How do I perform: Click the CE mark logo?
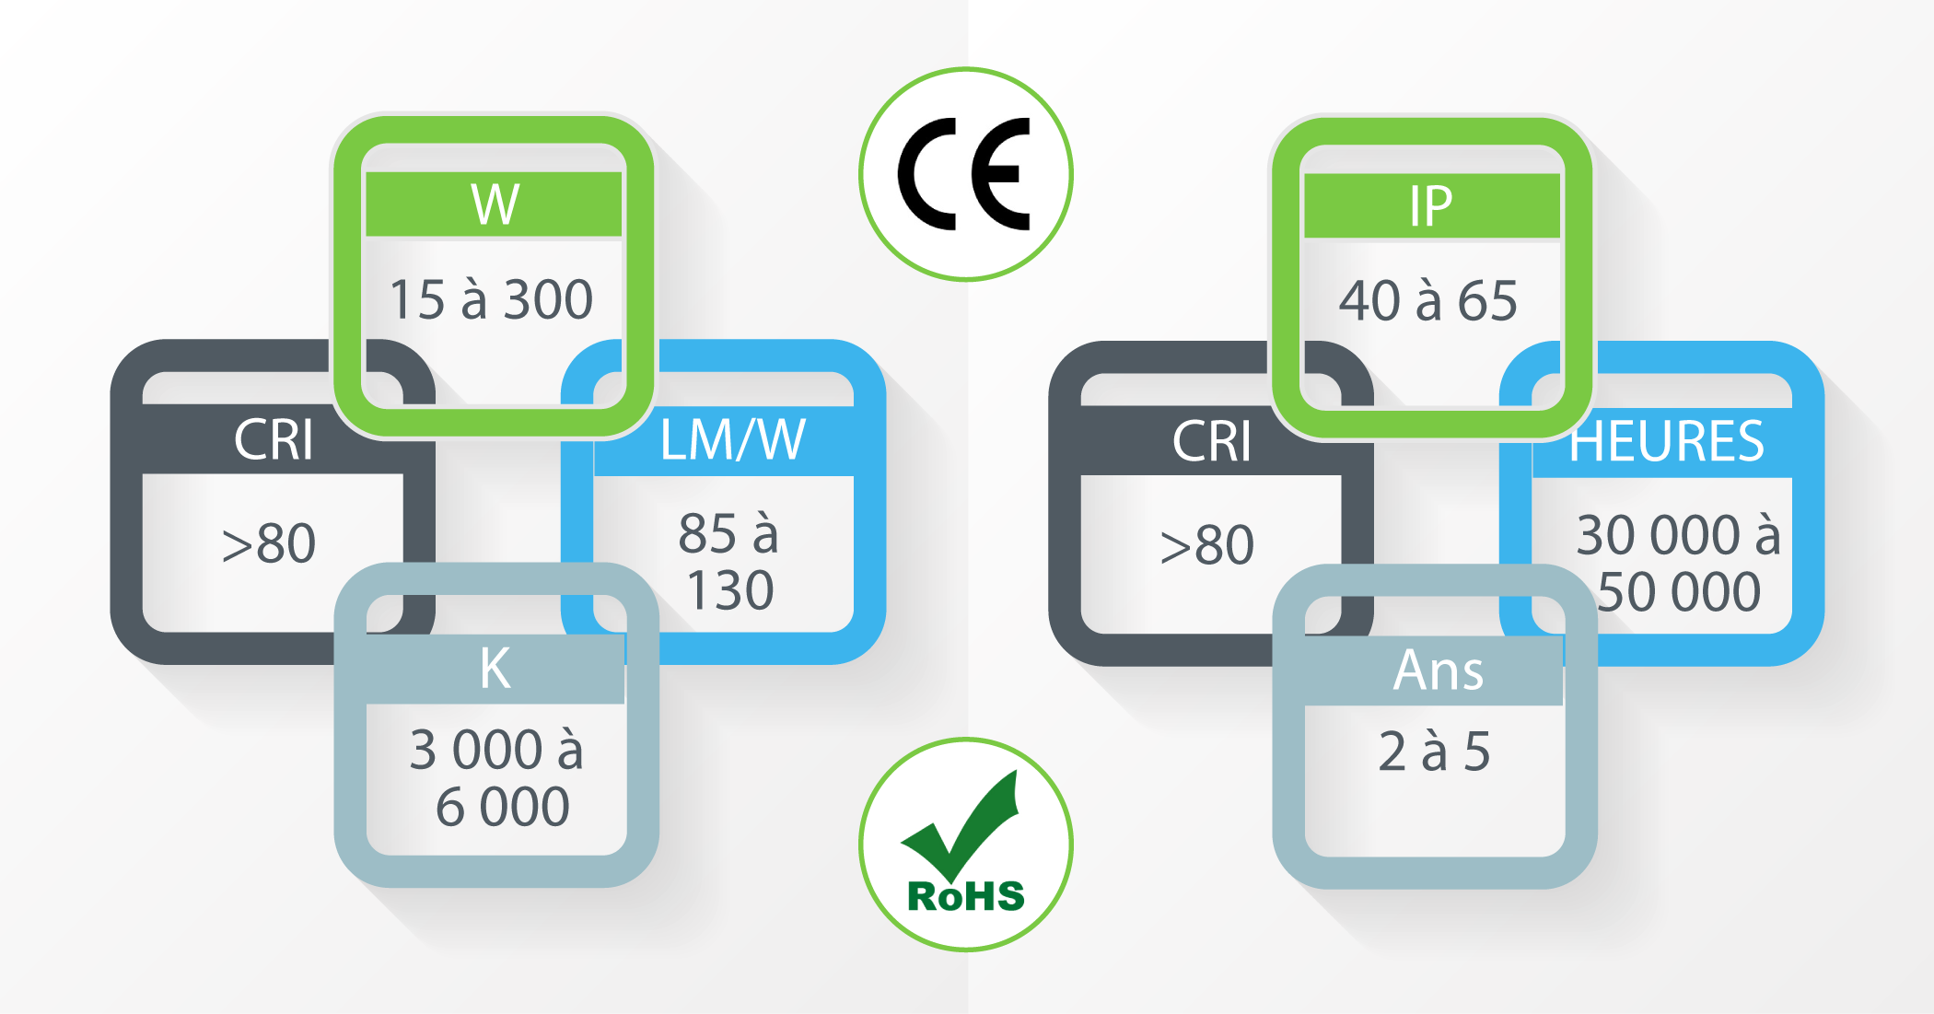pos(965,174)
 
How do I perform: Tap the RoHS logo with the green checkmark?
pos(966,844)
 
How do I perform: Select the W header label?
pos(495,204)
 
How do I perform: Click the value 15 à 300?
pos(491,299)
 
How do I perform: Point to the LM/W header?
pos(733,439)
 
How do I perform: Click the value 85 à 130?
pos(728,561)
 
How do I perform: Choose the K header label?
pos(495,668)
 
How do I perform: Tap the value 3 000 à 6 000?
pos(497,777)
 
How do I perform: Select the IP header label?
pos(1431,206)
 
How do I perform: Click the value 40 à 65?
pos(1428,300)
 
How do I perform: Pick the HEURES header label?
pos(1667,441)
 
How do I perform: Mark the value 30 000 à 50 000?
pos(1678,563)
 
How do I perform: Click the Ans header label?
pos(1439,670)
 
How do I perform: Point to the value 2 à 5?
pos(1434,751)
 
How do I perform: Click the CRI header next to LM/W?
pos(274,439)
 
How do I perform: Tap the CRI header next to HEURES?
pos(1212,441)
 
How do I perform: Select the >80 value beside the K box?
pos(269,543)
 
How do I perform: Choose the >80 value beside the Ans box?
pos(1207,545)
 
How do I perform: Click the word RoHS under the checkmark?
pos(966,896)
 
